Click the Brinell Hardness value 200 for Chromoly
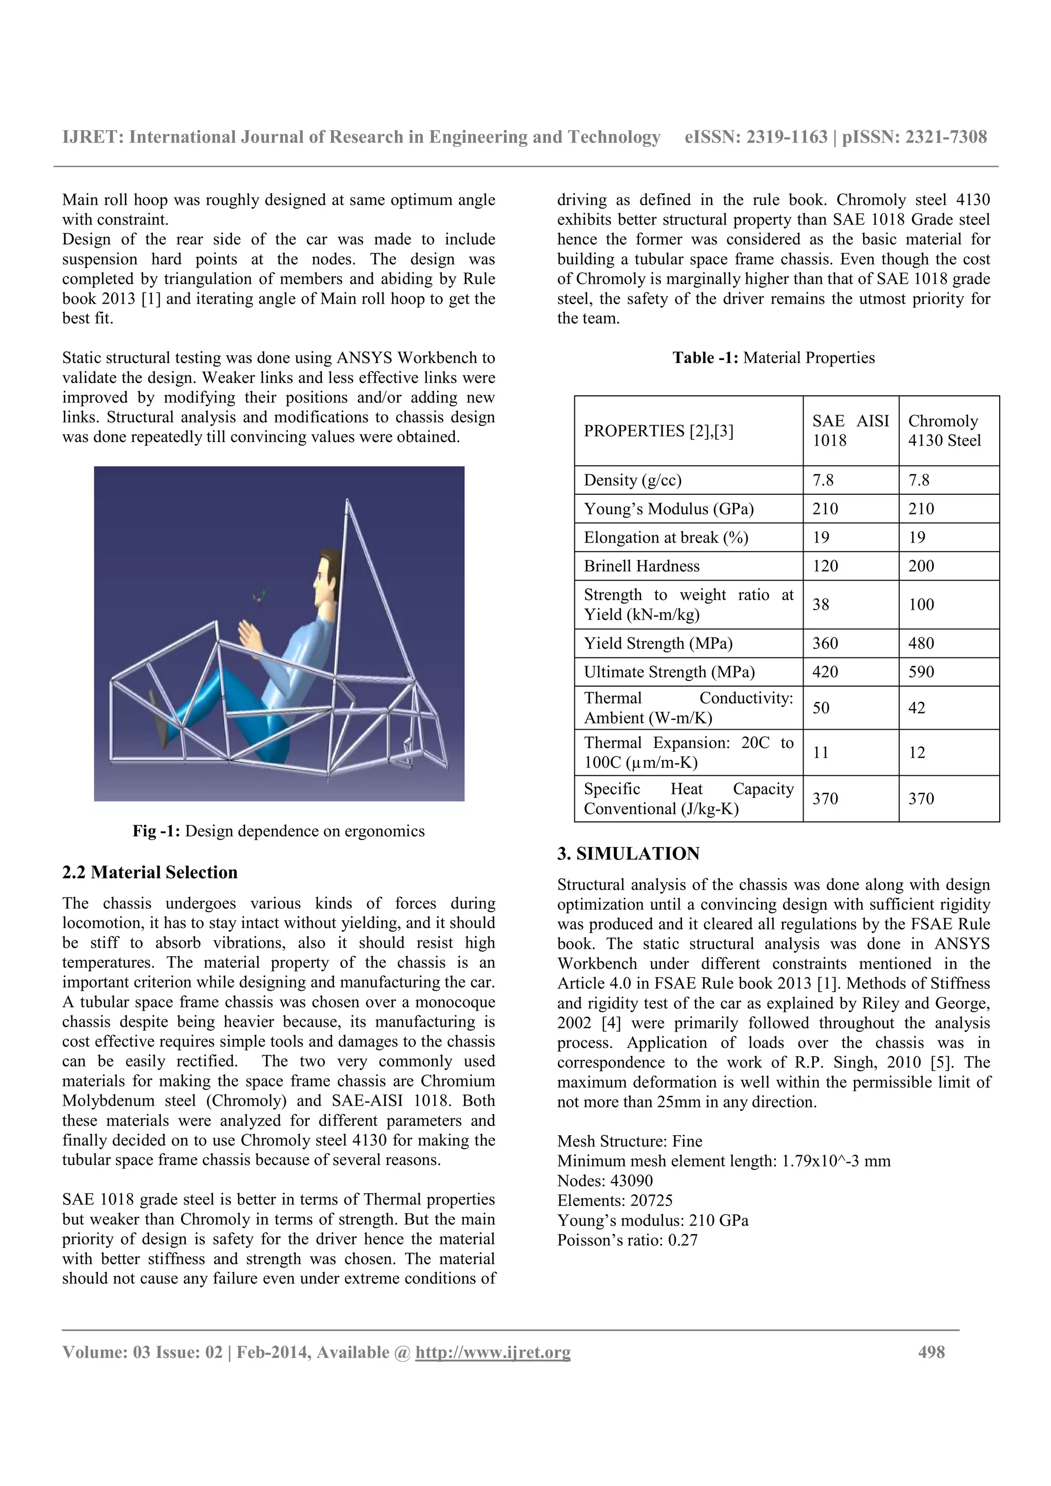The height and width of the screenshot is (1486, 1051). [x=921, y=566]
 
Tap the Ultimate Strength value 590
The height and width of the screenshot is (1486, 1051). [x=921, y=672]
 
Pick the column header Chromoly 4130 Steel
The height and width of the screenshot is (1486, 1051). [x=944, y=430]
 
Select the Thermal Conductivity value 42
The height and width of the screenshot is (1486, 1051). [x=917, y=708]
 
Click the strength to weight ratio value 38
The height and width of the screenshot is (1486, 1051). [x=821, y=605]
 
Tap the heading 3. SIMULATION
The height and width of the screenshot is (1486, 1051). [x=628, y=854]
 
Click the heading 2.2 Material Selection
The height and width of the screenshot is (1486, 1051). [x=149, y=872]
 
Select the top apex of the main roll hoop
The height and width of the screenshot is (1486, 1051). [x=348, y=501]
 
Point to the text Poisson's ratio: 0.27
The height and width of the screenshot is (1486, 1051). [x=627, y=1240]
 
